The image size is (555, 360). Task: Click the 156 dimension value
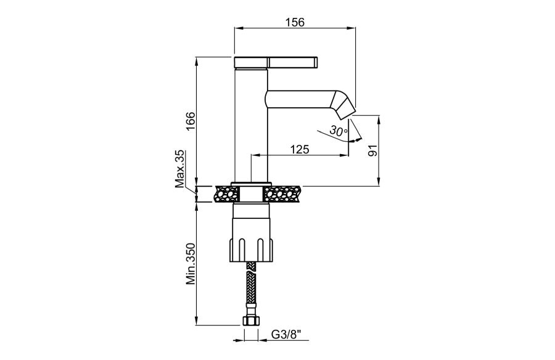[x=295, y=22]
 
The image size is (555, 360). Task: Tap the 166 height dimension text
[x=191, y=121]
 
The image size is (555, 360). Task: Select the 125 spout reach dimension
[x=300, y=149]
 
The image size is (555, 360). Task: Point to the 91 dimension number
[x=372, y=150]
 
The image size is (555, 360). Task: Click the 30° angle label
[x=339, y=131]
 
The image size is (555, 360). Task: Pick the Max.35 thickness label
[x=181, y=168]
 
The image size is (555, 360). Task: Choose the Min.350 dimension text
[x=191, y=264]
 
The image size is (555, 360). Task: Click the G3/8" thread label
[x=286, y=333]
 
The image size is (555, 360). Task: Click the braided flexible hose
[x=251, y=289]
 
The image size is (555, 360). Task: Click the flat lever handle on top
[x=276, y=62]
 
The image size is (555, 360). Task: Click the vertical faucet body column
[x=251, y=125]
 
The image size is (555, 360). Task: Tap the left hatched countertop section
[x=226, y=194]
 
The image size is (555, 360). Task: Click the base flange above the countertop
[x=251, y=184]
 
